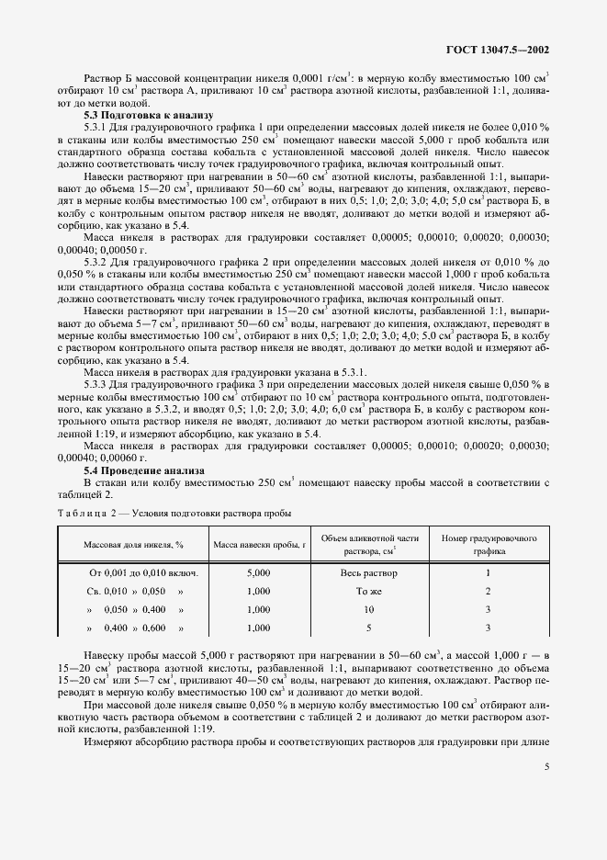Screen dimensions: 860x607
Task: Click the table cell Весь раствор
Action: coord(367,572)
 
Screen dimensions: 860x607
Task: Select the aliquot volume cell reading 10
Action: coord(367,609)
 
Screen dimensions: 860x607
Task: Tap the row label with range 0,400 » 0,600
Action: coord(135,628)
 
